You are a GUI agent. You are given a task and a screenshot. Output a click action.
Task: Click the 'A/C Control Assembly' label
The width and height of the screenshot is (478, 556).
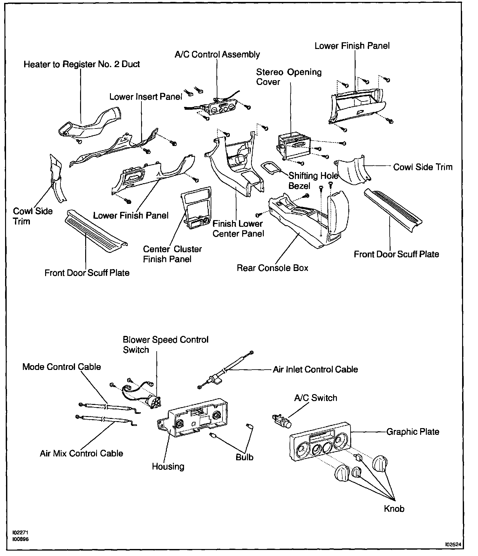coord(217,55)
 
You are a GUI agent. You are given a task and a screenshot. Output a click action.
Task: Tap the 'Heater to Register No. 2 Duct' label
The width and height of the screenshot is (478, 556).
coord(82,64)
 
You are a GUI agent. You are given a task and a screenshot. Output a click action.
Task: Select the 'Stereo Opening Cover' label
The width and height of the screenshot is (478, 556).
coord(289,77)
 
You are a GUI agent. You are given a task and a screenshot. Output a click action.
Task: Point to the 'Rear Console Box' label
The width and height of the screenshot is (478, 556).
coord(272,268)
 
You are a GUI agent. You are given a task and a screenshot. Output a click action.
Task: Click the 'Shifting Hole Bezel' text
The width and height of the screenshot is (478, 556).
coord(313,180)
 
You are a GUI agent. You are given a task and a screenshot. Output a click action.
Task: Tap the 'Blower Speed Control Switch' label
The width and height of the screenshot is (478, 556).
coord(165,344)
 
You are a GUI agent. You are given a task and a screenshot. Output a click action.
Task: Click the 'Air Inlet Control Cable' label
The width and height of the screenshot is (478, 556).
coord(315,369)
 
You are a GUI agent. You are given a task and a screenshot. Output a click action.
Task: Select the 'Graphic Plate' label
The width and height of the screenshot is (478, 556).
coord(413,432)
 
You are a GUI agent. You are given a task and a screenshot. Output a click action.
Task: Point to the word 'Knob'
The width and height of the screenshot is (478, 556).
coord(394,509)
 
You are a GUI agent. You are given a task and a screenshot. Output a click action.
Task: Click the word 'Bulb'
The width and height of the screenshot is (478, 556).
coord(244,457)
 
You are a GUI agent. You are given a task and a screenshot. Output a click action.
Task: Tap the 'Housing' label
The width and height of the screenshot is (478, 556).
coord(168,466)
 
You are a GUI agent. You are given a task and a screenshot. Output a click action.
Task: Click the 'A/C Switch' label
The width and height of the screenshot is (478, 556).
coord(315,398)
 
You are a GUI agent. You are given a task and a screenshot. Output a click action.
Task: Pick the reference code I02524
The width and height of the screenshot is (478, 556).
coord(453,544)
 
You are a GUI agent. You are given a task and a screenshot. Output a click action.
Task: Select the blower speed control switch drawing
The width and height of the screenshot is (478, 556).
coord(154,402)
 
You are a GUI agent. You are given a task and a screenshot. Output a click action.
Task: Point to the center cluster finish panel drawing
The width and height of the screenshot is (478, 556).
coord(195,208)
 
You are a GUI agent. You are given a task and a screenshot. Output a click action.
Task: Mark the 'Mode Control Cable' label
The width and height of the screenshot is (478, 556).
coord(61,367)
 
